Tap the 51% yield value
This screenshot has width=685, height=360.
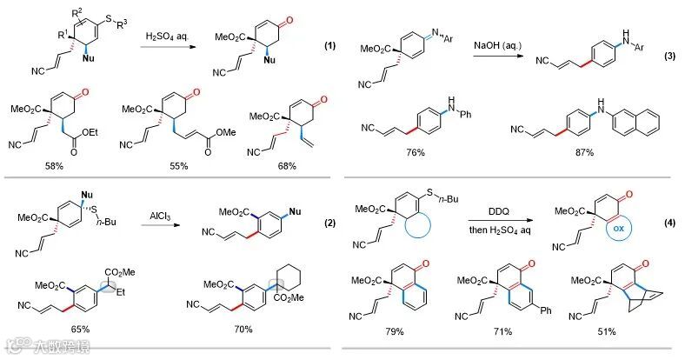[x=606, y=331]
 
